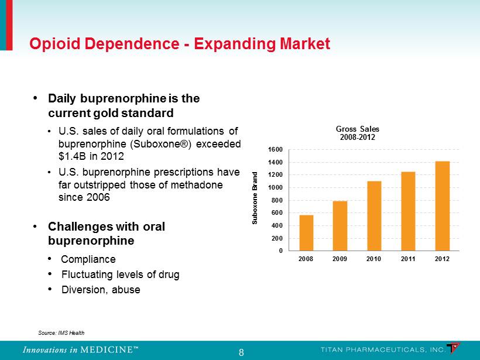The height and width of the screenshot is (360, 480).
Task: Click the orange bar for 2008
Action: [306, 233]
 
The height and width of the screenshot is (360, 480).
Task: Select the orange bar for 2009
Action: [340, 226]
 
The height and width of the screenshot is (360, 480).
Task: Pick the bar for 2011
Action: [409, 211]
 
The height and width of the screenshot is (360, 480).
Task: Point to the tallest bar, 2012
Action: [443, 206]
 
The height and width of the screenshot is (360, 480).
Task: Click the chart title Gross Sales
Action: [357, 128]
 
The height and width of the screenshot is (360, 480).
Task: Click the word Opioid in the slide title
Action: [52, 44]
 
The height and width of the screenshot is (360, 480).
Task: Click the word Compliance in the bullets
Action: [88, 259]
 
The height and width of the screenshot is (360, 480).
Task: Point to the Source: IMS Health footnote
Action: [61, 332]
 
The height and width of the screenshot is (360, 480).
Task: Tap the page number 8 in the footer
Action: [241, 352]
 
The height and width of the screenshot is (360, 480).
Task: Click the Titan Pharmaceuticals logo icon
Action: [454, 348]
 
